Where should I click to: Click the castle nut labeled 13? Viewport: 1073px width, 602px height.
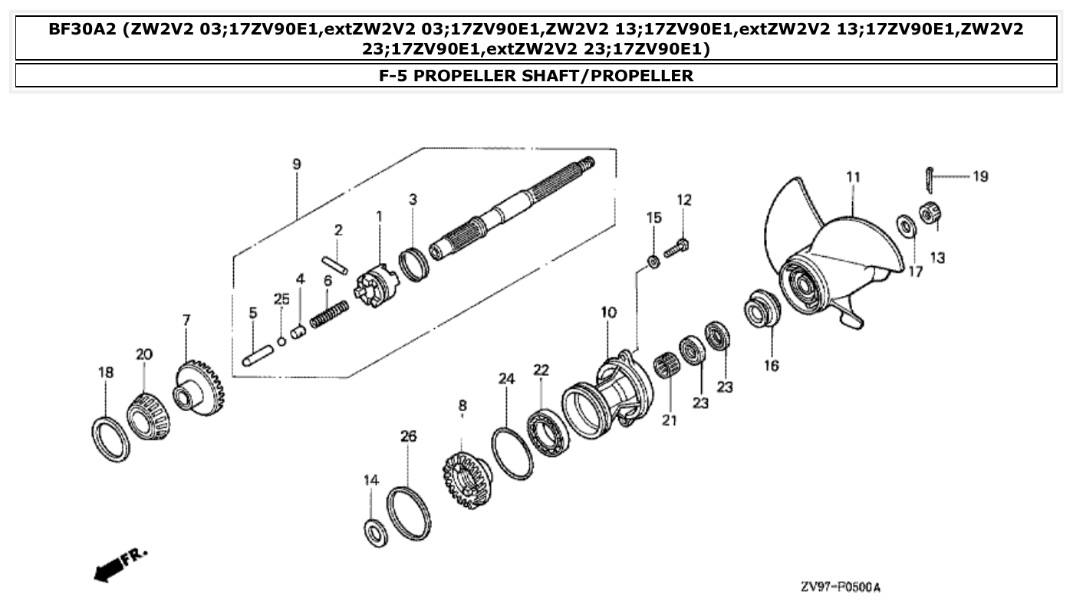(930, 212)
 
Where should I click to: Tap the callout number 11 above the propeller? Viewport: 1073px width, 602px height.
(853, 178)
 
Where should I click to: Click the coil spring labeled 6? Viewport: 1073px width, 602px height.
(329, 313)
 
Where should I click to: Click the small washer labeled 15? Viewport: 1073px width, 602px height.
(653, 262)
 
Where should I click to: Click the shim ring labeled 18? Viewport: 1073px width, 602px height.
(111, 439)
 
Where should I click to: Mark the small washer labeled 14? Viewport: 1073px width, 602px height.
(374, 532)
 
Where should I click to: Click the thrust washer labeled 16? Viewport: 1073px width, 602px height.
(762, 309)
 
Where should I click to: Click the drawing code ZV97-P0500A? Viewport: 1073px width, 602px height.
(840, 587)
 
